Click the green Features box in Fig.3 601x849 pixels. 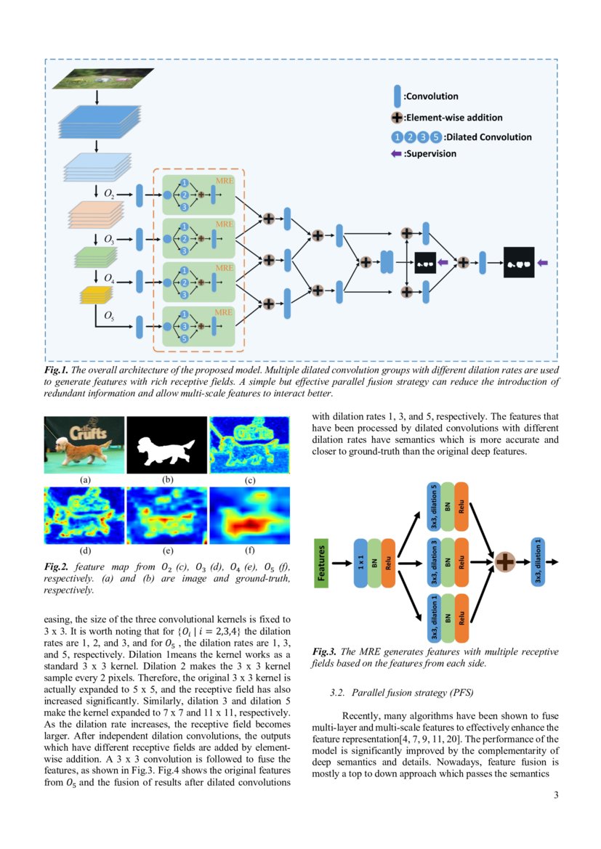click(x=322, y=562)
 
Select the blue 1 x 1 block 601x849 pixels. click(x=361, y=563)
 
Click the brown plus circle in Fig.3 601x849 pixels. click(x=504, y=561)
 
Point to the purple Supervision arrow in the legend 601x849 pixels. click(x=397, y=153)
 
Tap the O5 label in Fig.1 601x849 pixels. click(x=108, y=315)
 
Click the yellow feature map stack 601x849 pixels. click(x=96, y=294)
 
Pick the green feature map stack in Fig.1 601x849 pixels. click(x=96, y=257)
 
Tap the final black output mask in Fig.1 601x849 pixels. click(x=519, y=262)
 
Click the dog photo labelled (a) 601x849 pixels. click(x=84, y=444)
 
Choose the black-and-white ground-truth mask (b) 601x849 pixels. click(x=166, y=444)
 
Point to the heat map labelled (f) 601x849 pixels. click(x=249, y=515)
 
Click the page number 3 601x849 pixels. click(x=556, y=795)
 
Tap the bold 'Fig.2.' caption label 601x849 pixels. click(x=56, y=566)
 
